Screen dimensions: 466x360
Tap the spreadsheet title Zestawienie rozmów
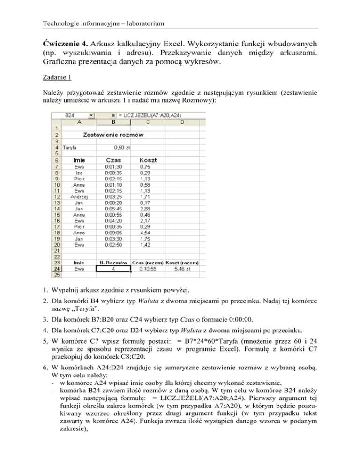pos(113,135)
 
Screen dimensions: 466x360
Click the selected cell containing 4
pos(113,269)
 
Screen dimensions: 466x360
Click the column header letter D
pos(182,122)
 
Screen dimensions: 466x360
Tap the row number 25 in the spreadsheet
pos(56,275)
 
